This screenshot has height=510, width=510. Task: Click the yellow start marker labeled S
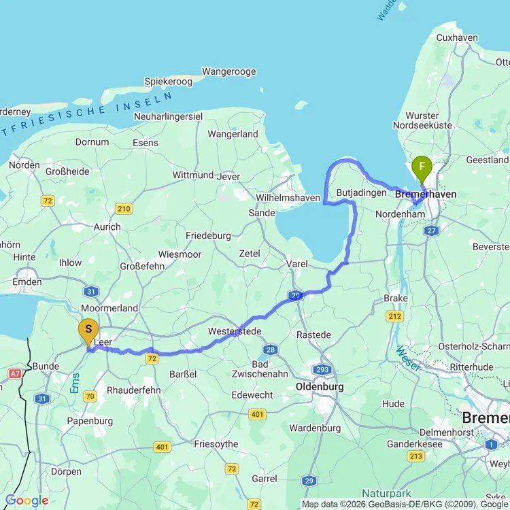(88, 331)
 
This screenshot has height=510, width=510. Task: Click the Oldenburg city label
(320, 386)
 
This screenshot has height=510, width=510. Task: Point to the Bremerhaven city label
(426, 194)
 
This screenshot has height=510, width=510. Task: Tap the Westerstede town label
(235, 331)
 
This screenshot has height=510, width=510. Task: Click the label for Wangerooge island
(228, 70)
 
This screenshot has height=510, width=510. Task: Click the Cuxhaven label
(456, 38)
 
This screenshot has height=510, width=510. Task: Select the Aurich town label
(107, 226)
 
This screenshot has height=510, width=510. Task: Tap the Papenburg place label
(90, 421)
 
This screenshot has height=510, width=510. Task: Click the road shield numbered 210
(124, 209)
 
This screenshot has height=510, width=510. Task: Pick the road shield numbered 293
(322, 370)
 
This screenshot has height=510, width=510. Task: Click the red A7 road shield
(16, 373)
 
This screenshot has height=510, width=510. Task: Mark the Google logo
(27, 501)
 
